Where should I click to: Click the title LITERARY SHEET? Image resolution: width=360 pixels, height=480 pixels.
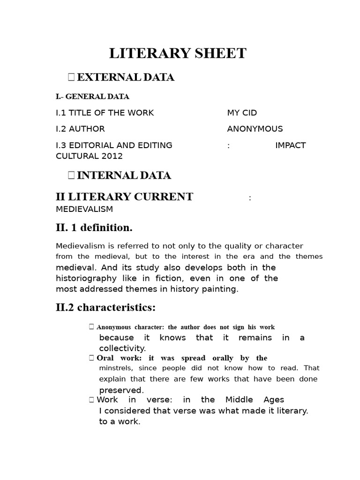[x=178, y=54]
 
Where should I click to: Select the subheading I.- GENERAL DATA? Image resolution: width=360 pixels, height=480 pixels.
[x=92, y=97]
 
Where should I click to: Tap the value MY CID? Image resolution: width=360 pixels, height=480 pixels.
[x=242, y=113]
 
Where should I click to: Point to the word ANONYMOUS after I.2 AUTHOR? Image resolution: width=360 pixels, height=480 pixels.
[x=255, y=129]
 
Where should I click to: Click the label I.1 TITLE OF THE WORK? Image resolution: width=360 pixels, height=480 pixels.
[x=105, y=113]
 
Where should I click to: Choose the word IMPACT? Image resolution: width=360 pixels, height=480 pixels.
[x=290, y=145]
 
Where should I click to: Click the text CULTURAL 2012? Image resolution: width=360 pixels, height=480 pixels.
[x=89, y=156]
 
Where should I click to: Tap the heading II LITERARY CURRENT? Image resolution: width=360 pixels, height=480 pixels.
[x=124, y=197]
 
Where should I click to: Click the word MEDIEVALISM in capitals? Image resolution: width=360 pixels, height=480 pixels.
[x=84, y=209]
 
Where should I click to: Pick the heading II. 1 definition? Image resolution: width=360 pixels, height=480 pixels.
[x=94, y=228]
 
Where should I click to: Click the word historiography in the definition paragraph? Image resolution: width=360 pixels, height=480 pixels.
[x=85, y=278]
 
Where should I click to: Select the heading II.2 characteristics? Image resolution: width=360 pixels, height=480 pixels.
[x=105, y=308]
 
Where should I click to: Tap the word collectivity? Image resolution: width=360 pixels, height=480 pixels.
[x=122, y=348]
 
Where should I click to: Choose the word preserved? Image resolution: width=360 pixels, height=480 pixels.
[x=121, y=390]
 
